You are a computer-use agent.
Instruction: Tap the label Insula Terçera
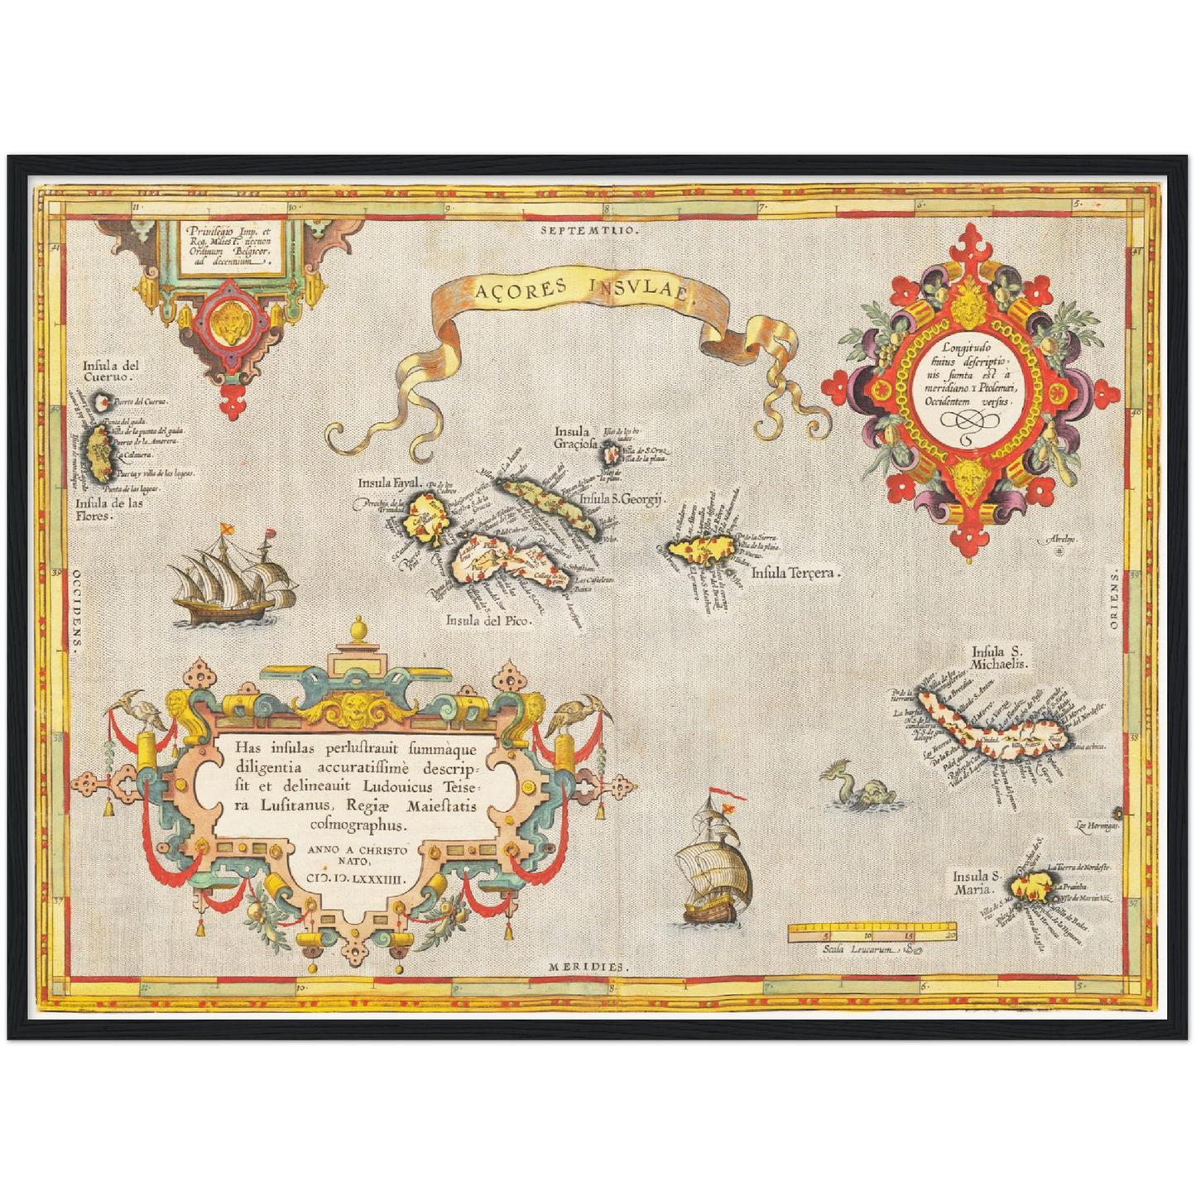tap(795, 572)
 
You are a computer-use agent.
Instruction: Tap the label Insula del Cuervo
tap(110, 371)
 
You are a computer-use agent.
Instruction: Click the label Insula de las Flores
tap(108, 509)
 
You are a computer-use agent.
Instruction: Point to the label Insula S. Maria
tap(977, 883)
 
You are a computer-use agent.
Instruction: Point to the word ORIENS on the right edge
tap(1114, 599)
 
